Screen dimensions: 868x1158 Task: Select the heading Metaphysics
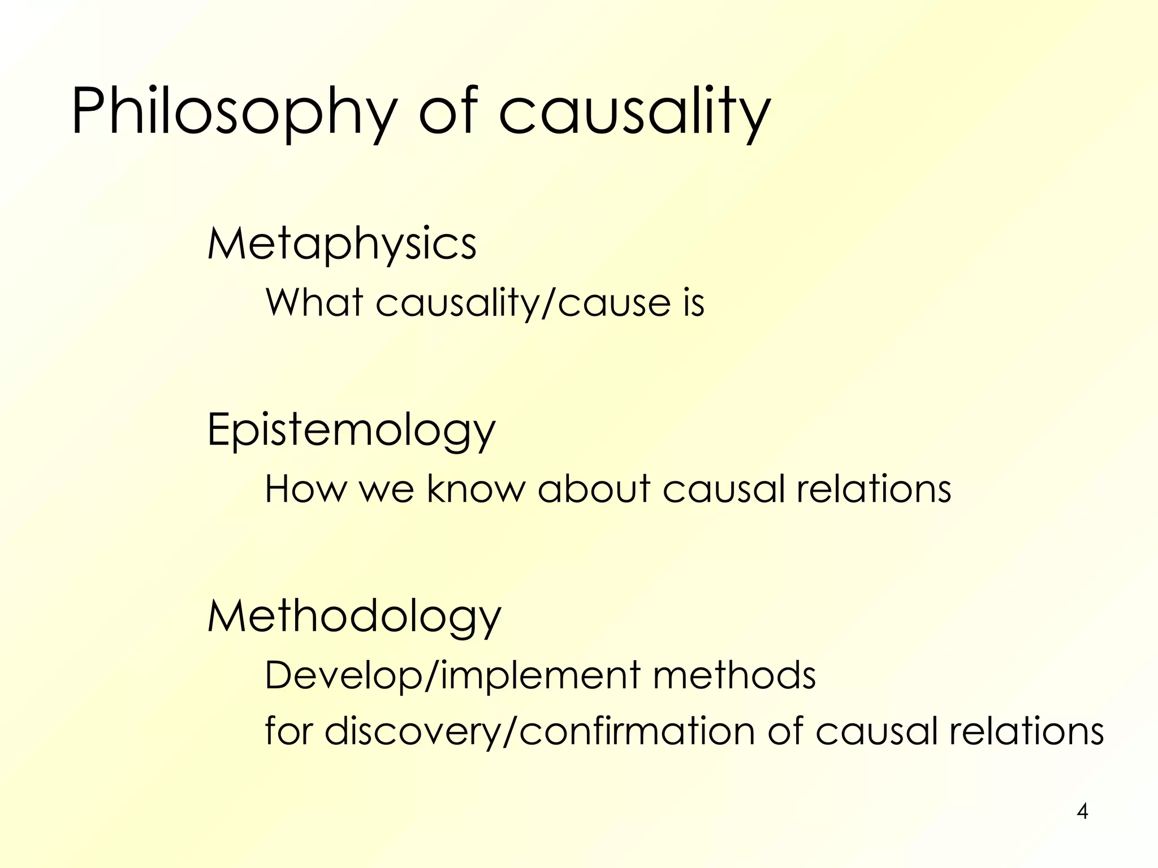[342, 244]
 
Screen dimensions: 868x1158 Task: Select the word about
[594, 489]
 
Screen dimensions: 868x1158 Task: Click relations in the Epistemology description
[874, 489]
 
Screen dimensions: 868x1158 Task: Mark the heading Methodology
[355, 617]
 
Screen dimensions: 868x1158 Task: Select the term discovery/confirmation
[540, 732]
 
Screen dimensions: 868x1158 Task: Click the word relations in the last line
[1026, 732]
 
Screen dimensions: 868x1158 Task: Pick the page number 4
[1082, 811]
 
